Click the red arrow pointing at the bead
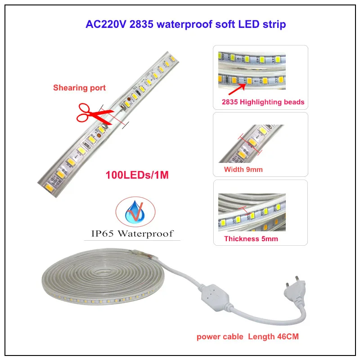[237, 90]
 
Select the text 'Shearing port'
[80, 88]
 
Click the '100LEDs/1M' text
[137, 175]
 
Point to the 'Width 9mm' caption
[243, 170]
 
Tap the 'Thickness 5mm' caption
[251, 239]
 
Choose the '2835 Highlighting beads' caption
[263, 102]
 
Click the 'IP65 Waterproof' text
[132, 234]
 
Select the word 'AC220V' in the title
[106, 24]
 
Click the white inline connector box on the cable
[215, 298]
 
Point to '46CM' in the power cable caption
[288, 337]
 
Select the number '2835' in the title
[141, 24]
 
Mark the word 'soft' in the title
[225, 24]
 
